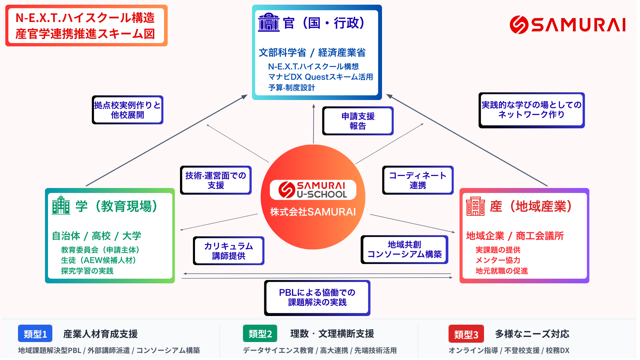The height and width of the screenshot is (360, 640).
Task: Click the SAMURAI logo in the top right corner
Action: point(567,25)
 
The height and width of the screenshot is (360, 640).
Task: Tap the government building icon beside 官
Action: point(269,22)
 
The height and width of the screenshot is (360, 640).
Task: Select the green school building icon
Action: point(61,205)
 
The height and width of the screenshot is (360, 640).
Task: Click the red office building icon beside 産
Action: point(475,206)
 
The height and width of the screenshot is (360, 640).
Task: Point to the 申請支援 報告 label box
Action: point(358,121)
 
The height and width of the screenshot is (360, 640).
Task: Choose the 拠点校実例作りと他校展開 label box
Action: point(127,110)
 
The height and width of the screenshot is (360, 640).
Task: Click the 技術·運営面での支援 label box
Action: point(216,180)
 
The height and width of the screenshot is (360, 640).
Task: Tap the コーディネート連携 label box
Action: point(418,180)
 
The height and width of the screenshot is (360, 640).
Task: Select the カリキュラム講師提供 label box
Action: point(229,251)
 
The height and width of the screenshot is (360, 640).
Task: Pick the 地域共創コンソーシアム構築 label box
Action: point(404,250)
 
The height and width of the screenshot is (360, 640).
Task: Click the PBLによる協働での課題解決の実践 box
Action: point(317,298)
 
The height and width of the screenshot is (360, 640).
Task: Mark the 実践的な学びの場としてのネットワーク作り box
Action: point(531,110)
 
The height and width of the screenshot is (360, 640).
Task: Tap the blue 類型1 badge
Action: point(35,334)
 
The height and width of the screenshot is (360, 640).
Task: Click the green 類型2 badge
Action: point(260,334)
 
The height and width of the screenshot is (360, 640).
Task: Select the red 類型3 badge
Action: point(466,334)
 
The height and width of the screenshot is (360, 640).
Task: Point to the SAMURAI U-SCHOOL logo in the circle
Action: point(313,190)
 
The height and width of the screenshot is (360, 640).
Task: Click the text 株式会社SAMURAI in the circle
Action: point(313,212)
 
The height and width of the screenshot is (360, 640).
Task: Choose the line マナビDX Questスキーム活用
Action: point(320,77)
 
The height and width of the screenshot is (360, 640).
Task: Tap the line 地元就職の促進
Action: point(502,271)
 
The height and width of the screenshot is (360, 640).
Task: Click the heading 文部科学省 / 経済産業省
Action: point(312,53)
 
